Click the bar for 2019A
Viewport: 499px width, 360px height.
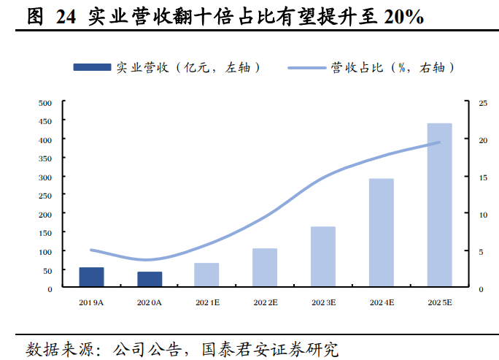(91, 277)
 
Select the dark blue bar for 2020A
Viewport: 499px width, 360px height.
(150, 280)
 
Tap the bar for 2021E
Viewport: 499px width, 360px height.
(206, 275)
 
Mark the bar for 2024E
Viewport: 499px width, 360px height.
(382, 233)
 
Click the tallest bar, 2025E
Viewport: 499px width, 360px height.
(440, 205)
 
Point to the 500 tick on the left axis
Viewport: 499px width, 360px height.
(45, 103)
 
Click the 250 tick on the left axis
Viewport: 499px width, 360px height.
(45, 196)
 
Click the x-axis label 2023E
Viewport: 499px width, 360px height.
(323, 302)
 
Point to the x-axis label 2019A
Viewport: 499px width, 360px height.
(91, 302)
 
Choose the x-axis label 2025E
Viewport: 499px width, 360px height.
(440, 302)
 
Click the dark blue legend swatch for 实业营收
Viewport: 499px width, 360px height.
(93, 67)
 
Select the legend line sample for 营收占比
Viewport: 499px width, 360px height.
(306, 67)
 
